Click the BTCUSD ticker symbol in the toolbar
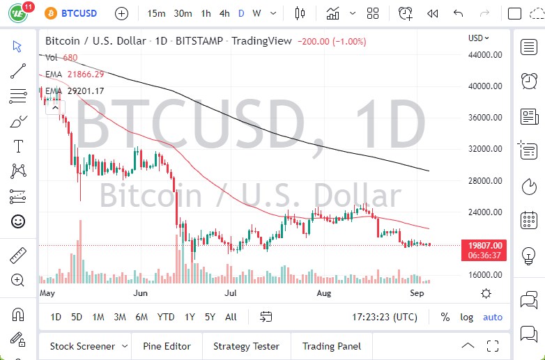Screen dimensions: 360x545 coord(79,13)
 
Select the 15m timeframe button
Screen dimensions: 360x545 coord(157,13)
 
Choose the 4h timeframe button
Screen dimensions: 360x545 coord(224,13)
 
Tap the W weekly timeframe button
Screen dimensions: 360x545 coord(256,13)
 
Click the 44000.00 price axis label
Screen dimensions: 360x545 coord(485,55)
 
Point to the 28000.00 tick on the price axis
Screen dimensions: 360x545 coord(485,180)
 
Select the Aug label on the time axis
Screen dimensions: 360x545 coord(325,293)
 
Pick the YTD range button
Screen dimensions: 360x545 coord(166,317)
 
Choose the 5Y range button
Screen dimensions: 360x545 coord(210,317)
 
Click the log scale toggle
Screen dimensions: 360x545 coord(466,317)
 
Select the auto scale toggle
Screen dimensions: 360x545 coord(493,317)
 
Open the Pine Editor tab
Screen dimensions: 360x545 coord(167,346)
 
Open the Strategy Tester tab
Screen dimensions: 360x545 coord(246,346)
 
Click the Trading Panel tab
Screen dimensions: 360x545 coord(331,346)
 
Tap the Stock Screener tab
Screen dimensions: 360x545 coord(82,346)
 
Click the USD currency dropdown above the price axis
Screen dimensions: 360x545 coord(479,38)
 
